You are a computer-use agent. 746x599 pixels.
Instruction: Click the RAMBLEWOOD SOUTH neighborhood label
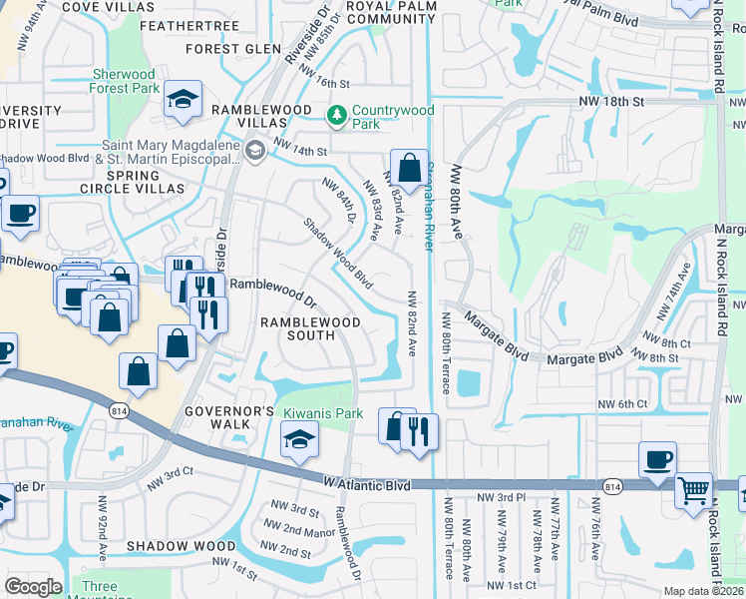297,328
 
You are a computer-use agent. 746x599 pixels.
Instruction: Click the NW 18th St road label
612,102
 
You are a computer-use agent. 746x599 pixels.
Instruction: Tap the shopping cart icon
692,489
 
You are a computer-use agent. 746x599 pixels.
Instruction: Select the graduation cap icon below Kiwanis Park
298,439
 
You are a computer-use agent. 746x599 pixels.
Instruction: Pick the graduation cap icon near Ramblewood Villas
184,99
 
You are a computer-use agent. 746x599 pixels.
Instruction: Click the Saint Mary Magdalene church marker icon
254,151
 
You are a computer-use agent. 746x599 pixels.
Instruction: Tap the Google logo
33,587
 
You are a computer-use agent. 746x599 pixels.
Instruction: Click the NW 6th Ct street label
623,403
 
